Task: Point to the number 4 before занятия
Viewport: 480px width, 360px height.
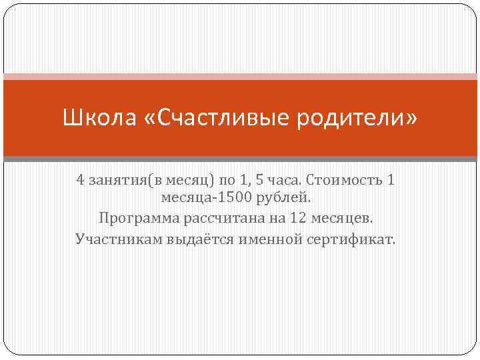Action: click(x=80, y=181)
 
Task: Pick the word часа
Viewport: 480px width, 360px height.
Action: click(x=285, y=181)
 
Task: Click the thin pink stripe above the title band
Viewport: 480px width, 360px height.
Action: click(x=240, y=76)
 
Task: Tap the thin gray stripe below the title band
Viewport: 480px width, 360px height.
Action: click(x=240, y=159)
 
